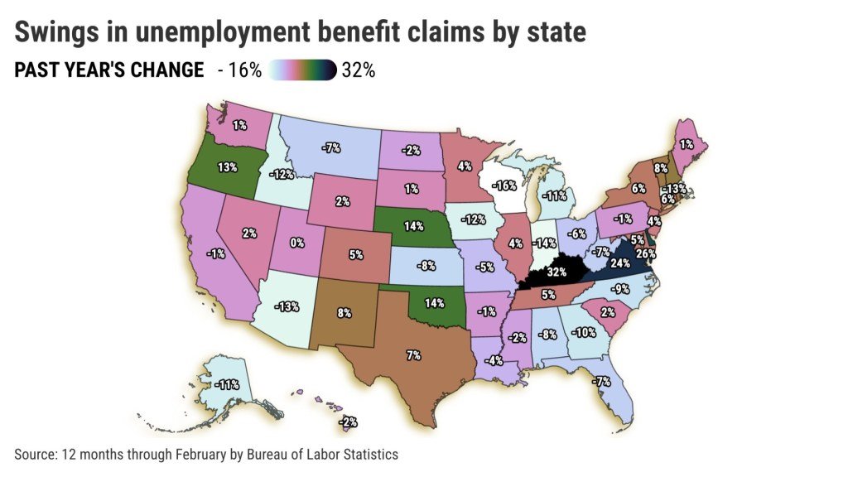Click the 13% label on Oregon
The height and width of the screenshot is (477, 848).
click(x=227, y=166)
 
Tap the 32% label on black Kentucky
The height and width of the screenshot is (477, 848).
click(x=555, y=271)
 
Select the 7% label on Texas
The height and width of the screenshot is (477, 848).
click(x=414, y=354)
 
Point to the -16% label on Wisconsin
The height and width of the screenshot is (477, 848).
click(x=504, y=185)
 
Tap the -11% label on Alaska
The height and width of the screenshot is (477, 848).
click(x=226, y=385)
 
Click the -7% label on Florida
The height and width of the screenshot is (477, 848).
click(x=601, y=381)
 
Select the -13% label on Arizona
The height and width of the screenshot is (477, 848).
click(x=287, y=306)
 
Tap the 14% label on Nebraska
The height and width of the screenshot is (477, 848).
click(x=412, y=225)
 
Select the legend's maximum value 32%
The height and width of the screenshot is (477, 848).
click(x=358, y=70)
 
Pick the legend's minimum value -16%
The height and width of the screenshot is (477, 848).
click(x=239, y=70)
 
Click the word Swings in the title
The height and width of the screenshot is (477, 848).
click(x=55, y=32)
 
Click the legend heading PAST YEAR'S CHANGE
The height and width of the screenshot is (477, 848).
click(x=109, y=70)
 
